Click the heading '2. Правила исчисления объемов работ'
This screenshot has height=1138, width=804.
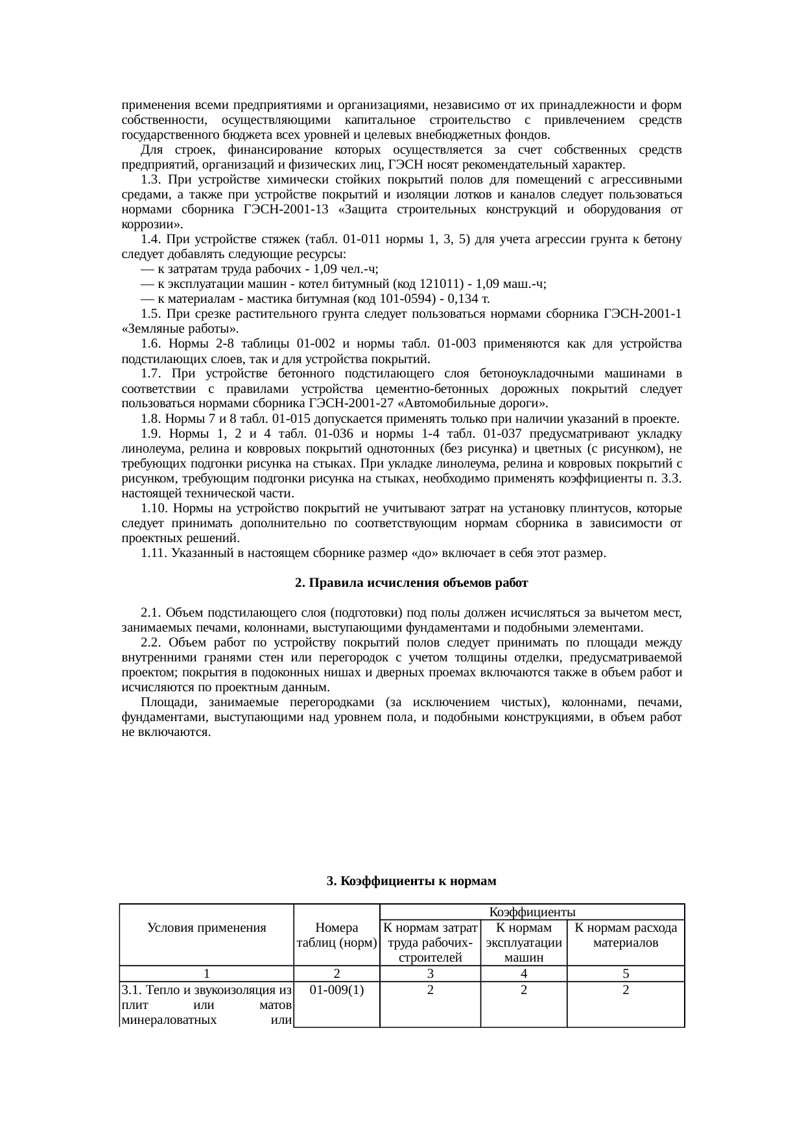(x=411, y=583)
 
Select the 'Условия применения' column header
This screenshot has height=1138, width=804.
(x=207, y=928)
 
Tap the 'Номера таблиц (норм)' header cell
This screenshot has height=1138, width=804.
(x=337, y=935)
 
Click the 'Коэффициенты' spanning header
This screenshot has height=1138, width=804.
(x=532, y=912)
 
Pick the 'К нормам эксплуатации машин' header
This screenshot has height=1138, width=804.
(x=523, y=942)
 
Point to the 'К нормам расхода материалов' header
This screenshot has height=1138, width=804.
(x=626, y=935)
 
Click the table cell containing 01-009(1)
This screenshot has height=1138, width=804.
(x=337, y=990)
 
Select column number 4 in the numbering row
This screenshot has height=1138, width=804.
(x=523, y=974)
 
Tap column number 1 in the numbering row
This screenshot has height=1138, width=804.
(x=206, y=974)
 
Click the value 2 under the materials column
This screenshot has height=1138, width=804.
(x=626, y=990)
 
